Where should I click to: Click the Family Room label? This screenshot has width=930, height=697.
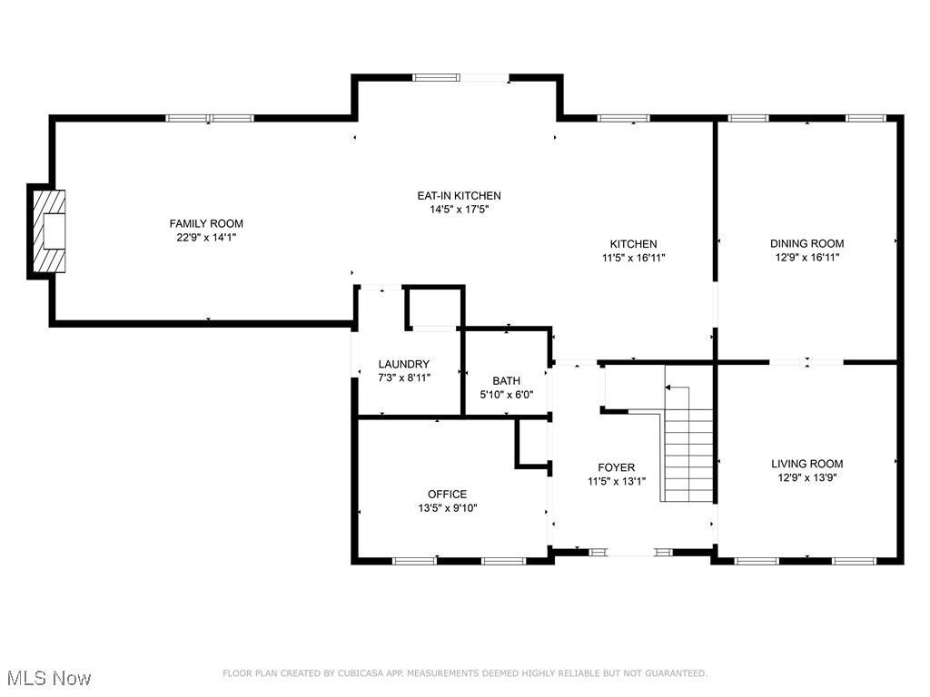[206, 223]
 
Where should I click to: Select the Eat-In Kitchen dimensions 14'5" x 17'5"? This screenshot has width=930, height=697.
[459, 210]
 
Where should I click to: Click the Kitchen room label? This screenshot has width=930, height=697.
[633, 244]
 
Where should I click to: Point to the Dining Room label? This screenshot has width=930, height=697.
[806, 243]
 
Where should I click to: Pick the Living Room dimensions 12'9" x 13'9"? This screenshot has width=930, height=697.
[806, 476]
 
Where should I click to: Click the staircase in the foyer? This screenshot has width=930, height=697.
[688, 454]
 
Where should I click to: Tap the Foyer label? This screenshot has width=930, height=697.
[616, 467]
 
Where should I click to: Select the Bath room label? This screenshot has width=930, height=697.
[506, 381]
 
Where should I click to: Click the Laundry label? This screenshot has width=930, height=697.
[404, 364]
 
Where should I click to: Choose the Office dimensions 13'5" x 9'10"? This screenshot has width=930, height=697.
[441, 508]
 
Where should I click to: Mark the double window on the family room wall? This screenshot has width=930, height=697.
[210, 118]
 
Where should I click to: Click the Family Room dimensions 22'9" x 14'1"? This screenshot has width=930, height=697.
[206, 237]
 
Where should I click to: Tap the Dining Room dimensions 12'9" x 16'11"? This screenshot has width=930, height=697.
[806, 258]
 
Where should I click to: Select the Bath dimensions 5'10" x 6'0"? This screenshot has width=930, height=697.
[506, 395]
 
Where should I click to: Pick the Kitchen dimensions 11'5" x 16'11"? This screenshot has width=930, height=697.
[633, 258]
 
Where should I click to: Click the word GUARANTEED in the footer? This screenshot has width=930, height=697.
[673, 673]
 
